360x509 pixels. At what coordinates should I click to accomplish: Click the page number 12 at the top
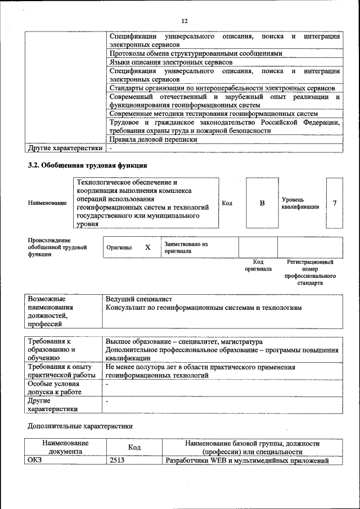tap(184, 21)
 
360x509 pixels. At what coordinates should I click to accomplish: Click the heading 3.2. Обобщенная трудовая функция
tap(88, 165)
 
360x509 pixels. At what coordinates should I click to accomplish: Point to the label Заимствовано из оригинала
tap(186, 248)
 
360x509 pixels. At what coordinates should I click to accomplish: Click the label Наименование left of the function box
tap(47, 202)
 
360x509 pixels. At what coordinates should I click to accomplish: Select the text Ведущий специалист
tap(138, 299)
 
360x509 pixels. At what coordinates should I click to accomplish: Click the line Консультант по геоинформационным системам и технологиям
tap(204, 308)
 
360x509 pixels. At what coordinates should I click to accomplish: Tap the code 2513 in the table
tap(117, 461)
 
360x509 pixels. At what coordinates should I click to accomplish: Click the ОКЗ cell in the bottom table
tap(35, 461)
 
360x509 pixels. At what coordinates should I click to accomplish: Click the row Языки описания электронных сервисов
tap(170, 62)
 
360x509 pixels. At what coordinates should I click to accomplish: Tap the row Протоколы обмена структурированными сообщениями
tap(195, 53)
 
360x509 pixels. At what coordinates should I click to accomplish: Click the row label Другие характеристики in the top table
tap(65, 148)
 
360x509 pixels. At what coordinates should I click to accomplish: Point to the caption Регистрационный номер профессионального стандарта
tap(310, 273)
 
